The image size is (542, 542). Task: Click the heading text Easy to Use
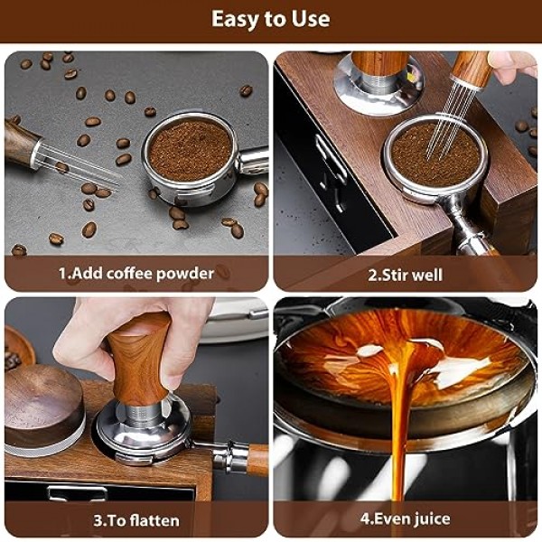click(x=270, y=19)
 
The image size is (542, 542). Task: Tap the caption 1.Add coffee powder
click(x=136, y=273)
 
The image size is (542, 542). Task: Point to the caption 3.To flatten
click(x=136, y=520)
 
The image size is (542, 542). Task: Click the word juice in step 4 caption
click(x=428, y=520)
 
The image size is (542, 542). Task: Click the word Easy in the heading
click(x=234, y=19)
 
